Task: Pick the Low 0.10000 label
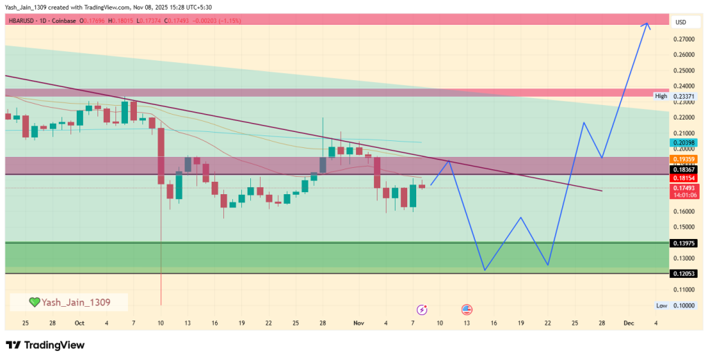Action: coord(680,305)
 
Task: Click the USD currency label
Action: coord(680,23)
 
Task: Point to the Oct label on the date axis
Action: coord(79,323)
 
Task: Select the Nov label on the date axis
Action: coord(358,323)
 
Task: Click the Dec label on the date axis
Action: coord(628,323)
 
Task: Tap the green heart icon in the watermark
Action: coord(35,302)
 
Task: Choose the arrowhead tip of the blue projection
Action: coord(648,23)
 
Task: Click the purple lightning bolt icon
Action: coord(422,310)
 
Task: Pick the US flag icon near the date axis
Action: coord(467,310)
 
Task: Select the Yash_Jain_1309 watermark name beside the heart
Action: coord(75,302)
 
